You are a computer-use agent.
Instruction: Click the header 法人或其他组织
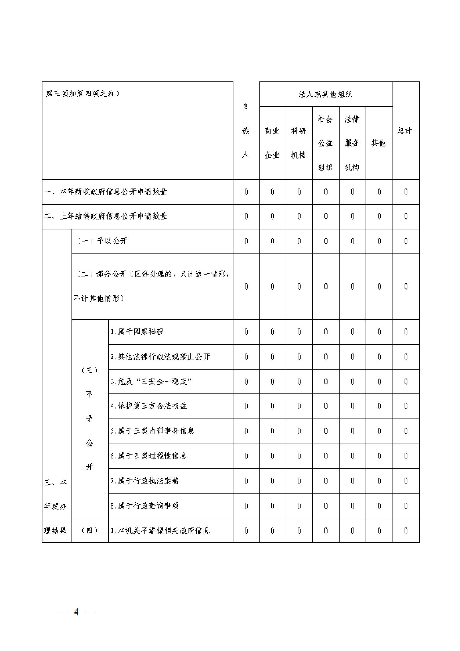point(325,94)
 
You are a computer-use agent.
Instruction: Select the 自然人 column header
point(245,130)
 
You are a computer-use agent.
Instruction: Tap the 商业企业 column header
point(272,143)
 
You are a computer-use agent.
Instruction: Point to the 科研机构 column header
point(298,143)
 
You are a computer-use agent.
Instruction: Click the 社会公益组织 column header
point(325,143)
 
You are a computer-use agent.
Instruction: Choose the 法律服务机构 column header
point(352,143)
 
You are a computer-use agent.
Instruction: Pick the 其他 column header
point(379,143)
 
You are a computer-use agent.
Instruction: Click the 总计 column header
point(405,131)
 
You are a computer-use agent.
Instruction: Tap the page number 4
point(76,612)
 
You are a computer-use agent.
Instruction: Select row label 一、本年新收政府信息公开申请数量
point(106,192)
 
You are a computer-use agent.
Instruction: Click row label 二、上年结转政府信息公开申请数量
point(106,216)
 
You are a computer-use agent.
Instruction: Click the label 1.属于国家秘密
point(137,332)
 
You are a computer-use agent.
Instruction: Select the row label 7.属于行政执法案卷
point(145,481)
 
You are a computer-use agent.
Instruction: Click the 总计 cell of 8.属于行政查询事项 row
point(406,506)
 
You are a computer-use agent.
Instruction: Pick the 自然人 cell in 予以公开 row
point(246,241)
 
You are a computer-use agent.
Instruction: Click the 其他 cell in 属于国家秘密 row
point(379,332)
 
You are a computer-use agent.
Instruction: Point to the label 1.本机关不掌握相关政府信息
point(160,531)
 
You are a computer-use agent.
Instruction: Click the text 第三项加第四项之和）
point(83,93)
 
